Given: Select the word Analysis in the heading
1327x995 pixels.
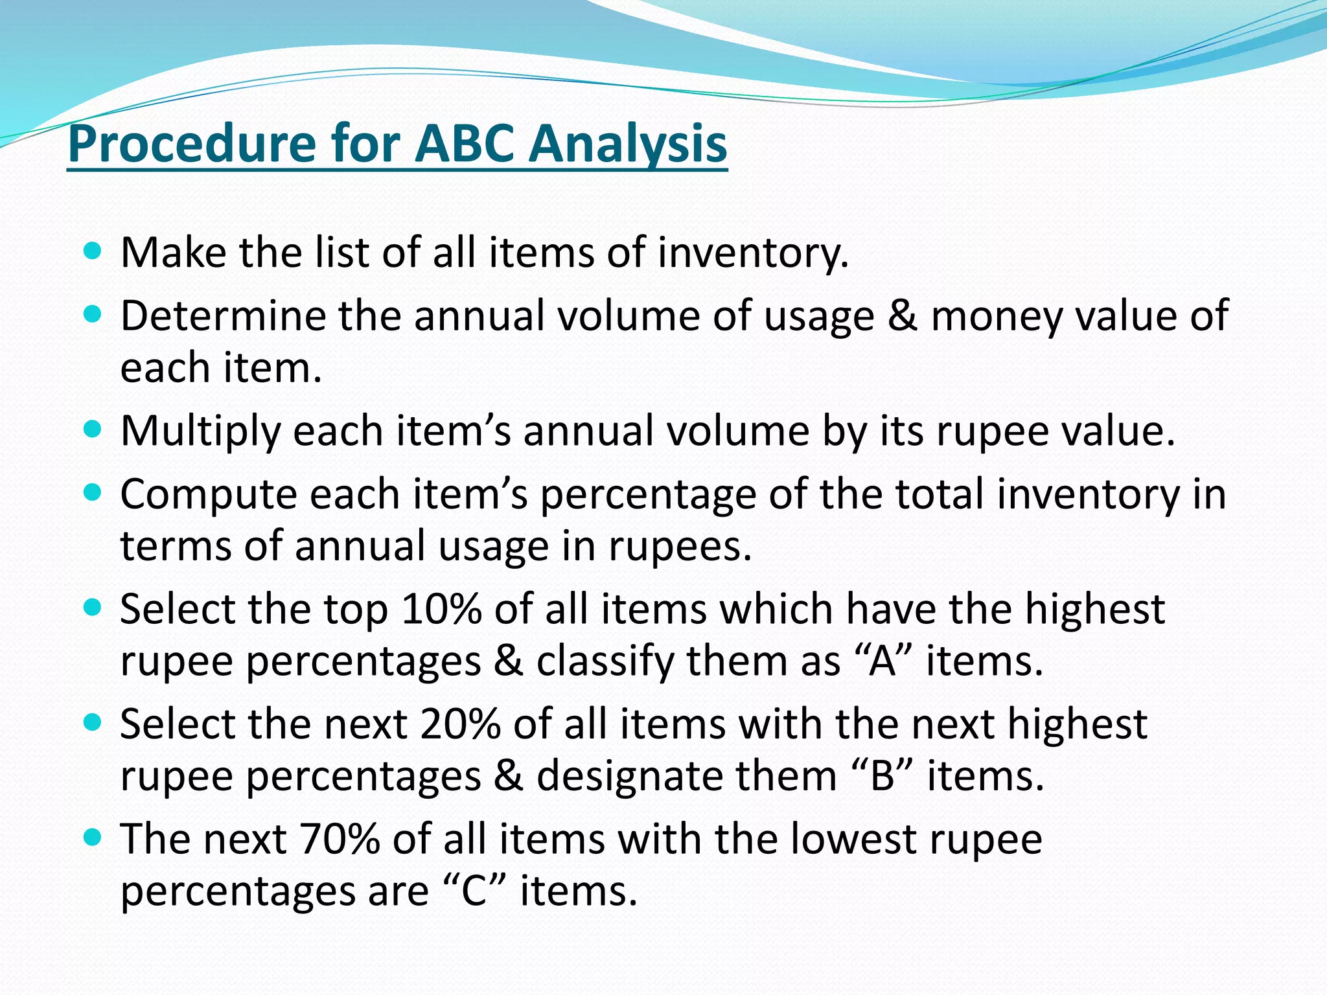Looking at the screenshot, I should click(627, 144).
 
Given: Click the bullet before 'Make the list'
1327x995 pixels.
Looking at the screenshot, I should click(93, 251).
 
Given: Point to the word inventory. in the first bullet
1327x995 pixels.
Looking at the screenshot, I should click(753, 253).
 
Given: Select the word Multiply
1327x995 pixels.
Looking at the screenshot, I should click(200, 431).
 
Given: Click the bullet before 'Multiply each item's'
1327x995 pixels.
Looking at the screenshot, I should click(93, 429).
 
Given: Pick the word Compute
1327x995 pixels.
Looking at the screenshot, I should click(207, 495).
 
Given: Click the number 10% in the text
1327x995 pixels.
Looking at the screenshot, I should click(441, 610).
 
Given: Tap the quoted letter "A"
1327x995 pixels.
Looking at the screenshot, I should click(883, 661).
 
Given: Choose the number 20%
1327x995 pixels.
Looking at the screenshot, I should click(460, 724).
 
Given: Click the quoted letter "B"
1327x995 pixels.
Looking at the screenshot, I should click(883, 776).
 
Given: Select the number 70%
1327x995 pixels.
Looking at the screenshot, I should click(340, 839).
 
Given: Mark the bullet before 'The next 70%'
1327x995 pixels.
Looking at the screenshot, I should click(93, 837).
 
